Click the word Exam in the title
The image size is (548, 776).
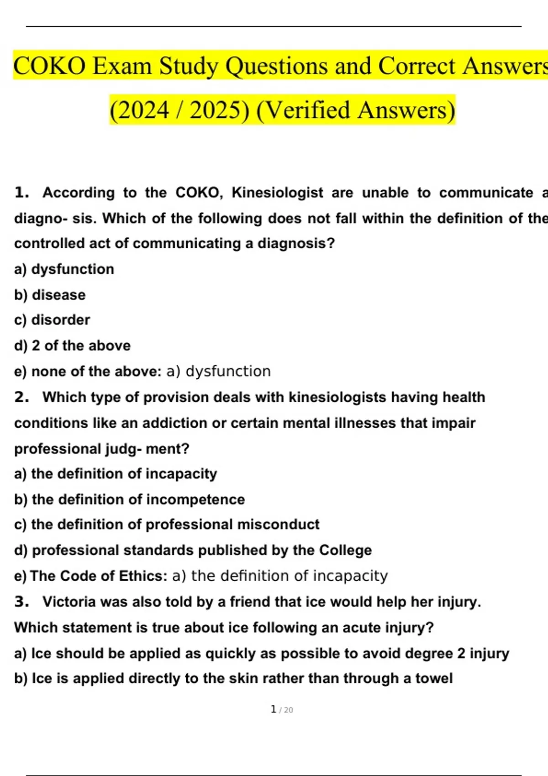coord(122,66)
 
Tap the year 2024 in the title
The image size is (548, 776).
coord(142,110)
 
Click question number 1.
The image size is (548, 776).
coord(21,193)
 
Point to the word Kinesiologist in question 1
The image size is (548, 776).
coord(277,193)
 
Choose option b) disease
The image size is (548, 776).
coord(50,295)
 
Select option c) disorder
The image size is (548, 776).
coord(52,320)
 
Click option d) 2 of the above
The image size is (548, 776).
coord(72,346)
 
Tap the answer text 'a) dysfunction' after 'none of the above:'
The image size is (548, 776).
coord(218,371)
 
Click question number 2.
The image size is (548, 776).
coord(21,397)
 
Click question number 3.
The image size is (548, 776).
coord(21,602)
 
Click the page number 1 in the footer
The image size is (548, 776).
coord(273,709)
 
